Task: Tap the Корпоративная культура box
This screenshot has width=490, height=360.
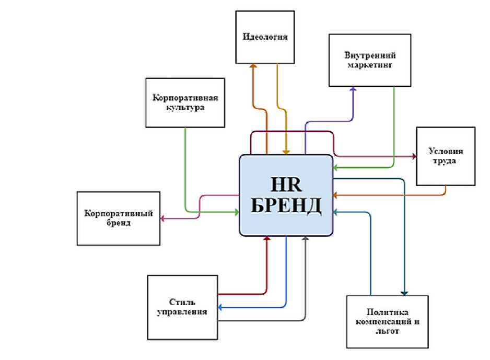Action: pyautogui.click(x=185, y=102)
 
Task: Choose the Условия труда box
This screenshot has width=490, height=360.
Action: pyautogui.click(x=445, y=156)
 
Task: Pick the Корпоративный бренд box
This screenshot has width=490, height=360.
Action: pyautogui.click(x=118, y=218)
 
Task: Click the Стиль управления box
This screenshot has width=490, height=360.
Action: pyautogui.click(x=182, y=307)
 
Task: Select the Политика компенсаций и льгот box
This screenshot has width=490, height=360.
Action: pyautogui.click(x=387, y=321)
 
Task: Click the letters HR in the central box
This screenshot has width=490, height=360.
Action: pyautogui.click(x=286, y=184)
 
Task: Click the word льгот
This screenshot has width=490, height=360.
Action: pyautogui.click(x=387, y=332)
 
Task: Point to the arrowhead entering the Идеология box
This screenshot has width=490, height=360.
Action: pyautogui.click(x=253, y=67)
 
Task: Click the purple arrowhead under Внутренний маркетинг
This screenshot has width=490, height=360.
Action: pyautogui.click(x=353, y=90)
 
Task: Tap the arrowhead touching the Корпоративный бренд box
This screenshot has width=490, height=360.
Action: pyautogui.click(x=162, y=218)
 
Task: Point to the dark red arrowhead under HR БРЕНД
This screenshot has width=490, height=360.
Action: pyautogui.click(x=267, y=238)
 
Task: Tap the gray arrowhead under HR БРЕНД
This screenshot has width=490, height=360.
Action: pyautogui.click(x=305, y=238)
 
